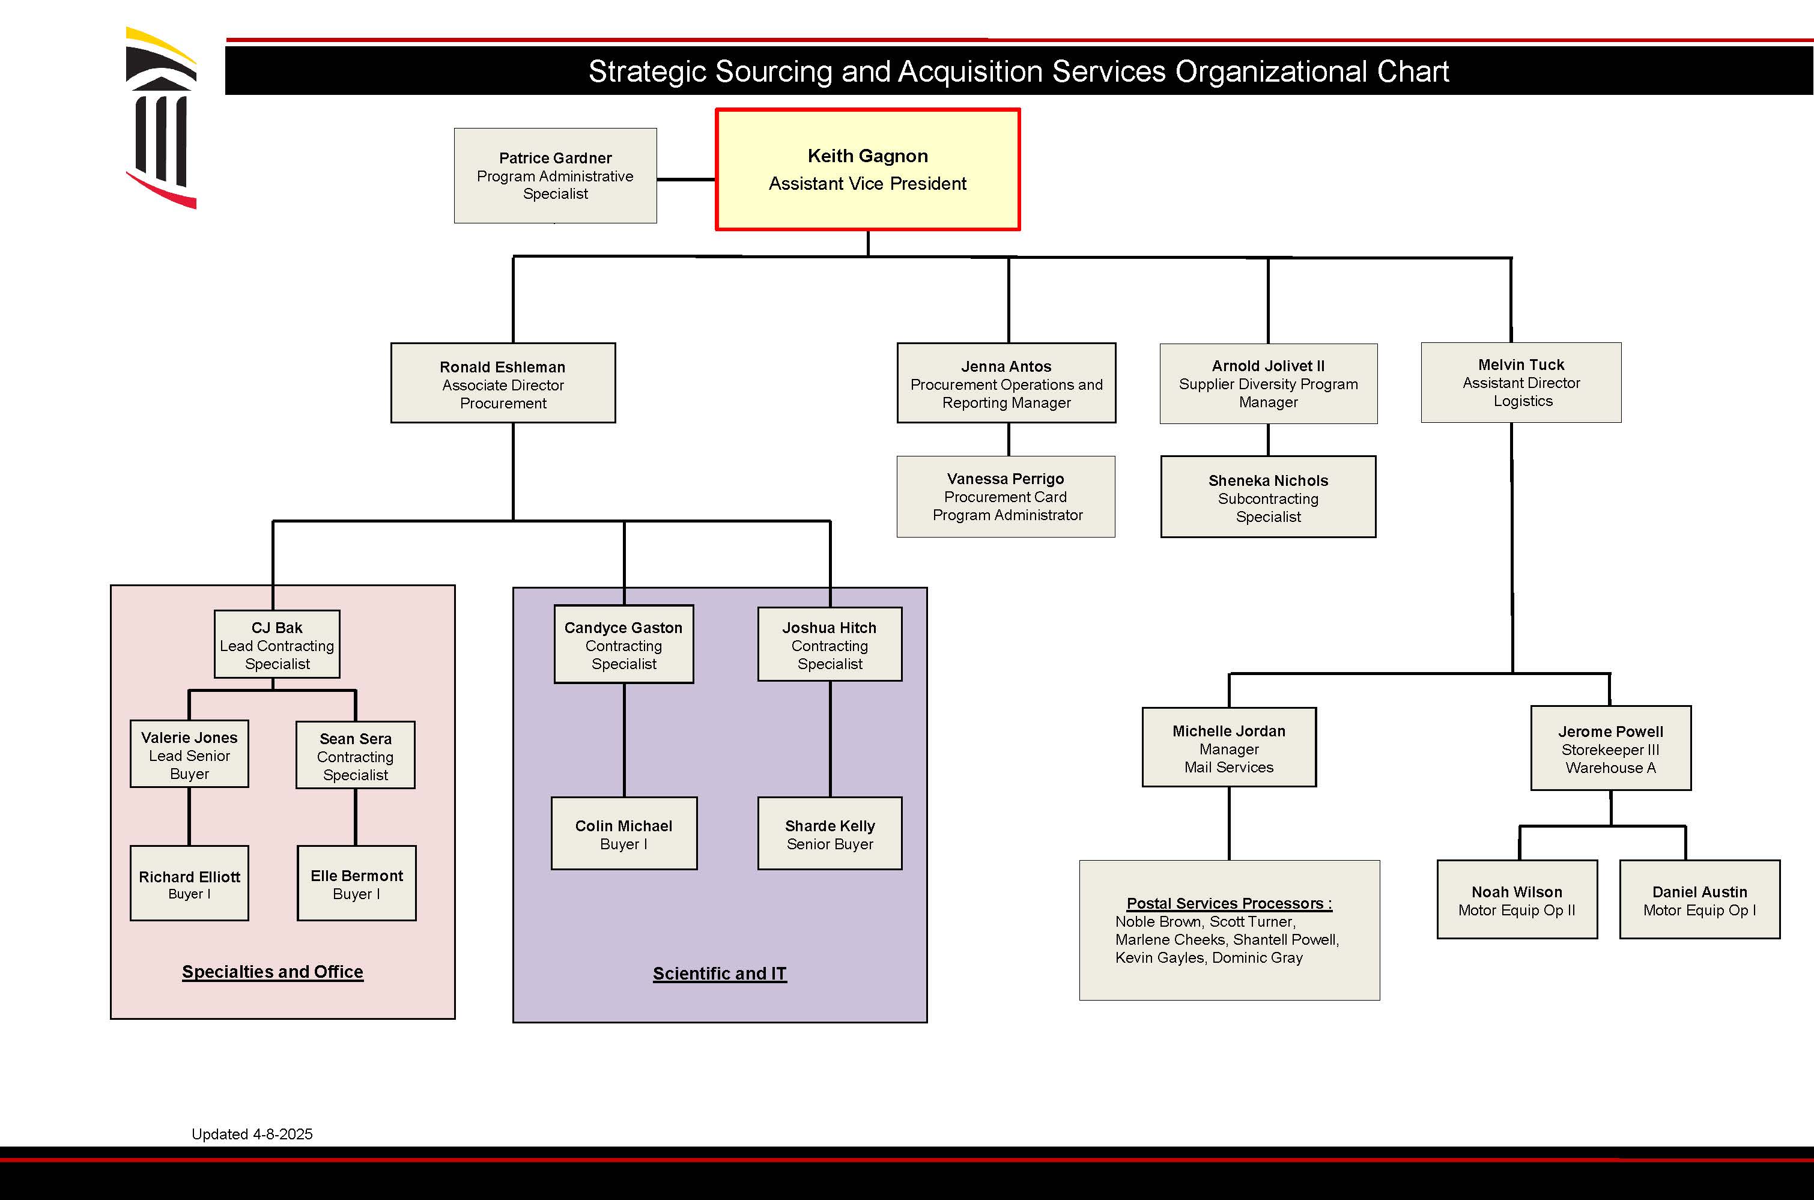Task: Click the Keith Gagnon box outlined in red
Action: pos(867,169)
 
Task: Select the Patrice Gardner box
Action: pos(555,175)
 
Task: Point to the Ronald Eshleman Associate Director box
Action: pos(503,383)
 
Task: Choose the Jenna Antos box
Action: pos(1006,383)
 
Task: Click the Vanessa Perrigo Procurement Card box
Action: pos(1006,497)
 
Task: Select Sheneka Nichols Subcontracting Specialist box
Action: pos(1267,497)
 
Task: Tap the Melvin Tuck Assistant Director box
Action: pos(1521,383)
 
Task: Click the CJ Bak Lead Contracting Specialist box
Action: pos(277,644)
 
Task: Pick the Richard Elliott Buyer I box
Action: pos(189,883)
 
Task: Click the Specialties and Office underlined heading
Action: pos(273,971)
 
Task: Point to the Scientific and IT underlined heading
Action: pos(720,974)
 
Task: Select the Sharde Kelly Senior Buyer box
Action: pos(830,834)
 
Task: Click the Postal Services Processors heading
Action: pos(1228,903)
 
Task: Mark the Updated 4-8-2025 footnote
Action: pos(252,1134)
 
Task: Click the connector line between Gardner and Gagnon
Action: pos(686,180)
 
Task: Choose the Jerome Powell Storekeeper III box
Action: pos(1610,748)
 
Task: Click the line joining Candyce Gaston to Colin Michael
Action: pos(624,739)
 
